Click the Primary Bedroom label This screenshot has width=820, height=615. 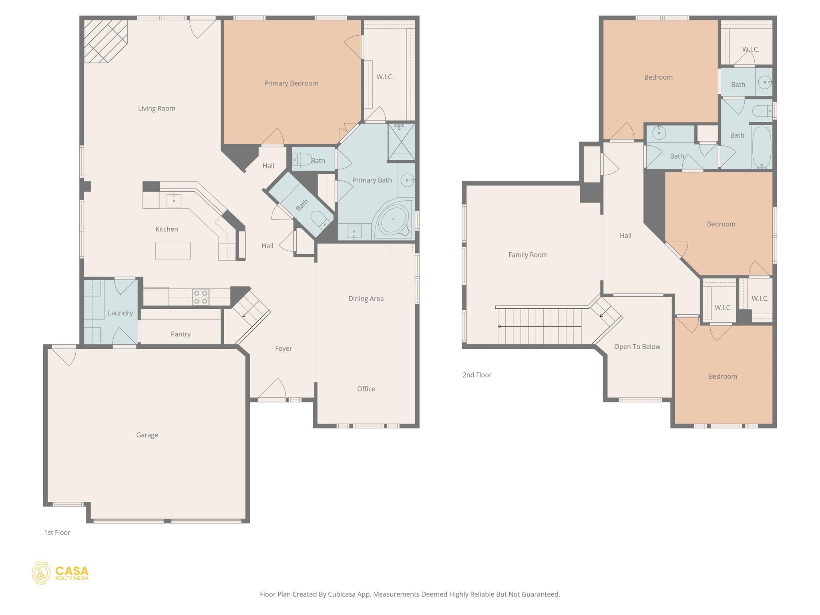tap(291, 83)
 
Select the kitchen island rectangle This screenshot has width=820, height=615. tap(173, 251)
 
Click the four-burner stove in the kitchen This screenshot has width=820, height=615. tap(201, 297)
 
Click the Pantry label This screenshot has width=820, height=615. tap(181, 334)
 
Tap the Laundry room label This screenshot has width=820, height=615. tap(120, 313)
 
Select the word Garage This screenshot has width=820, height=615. tap(147, 435)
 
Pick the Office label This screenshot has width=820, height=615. tap(366, 389)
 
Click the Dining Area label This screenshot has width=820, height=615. tap(366, 299)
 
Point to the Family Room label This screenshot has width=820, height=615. tap(528, 255)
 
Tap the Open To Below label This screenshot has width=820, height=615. tap(637, 347)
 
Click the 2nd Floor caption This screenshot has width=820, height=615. tap(477, 375)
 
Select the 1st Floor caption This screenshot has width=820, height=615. tap(57, 533)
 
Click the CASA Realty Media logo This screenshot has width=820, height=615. tap(60, 573)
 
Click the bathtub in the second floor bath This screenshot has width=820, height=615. tap(762, 147)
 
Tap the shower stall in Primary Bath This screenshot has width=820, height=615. tap(401, 142)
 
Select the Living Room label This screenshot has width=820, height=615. tap(157, 109)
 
